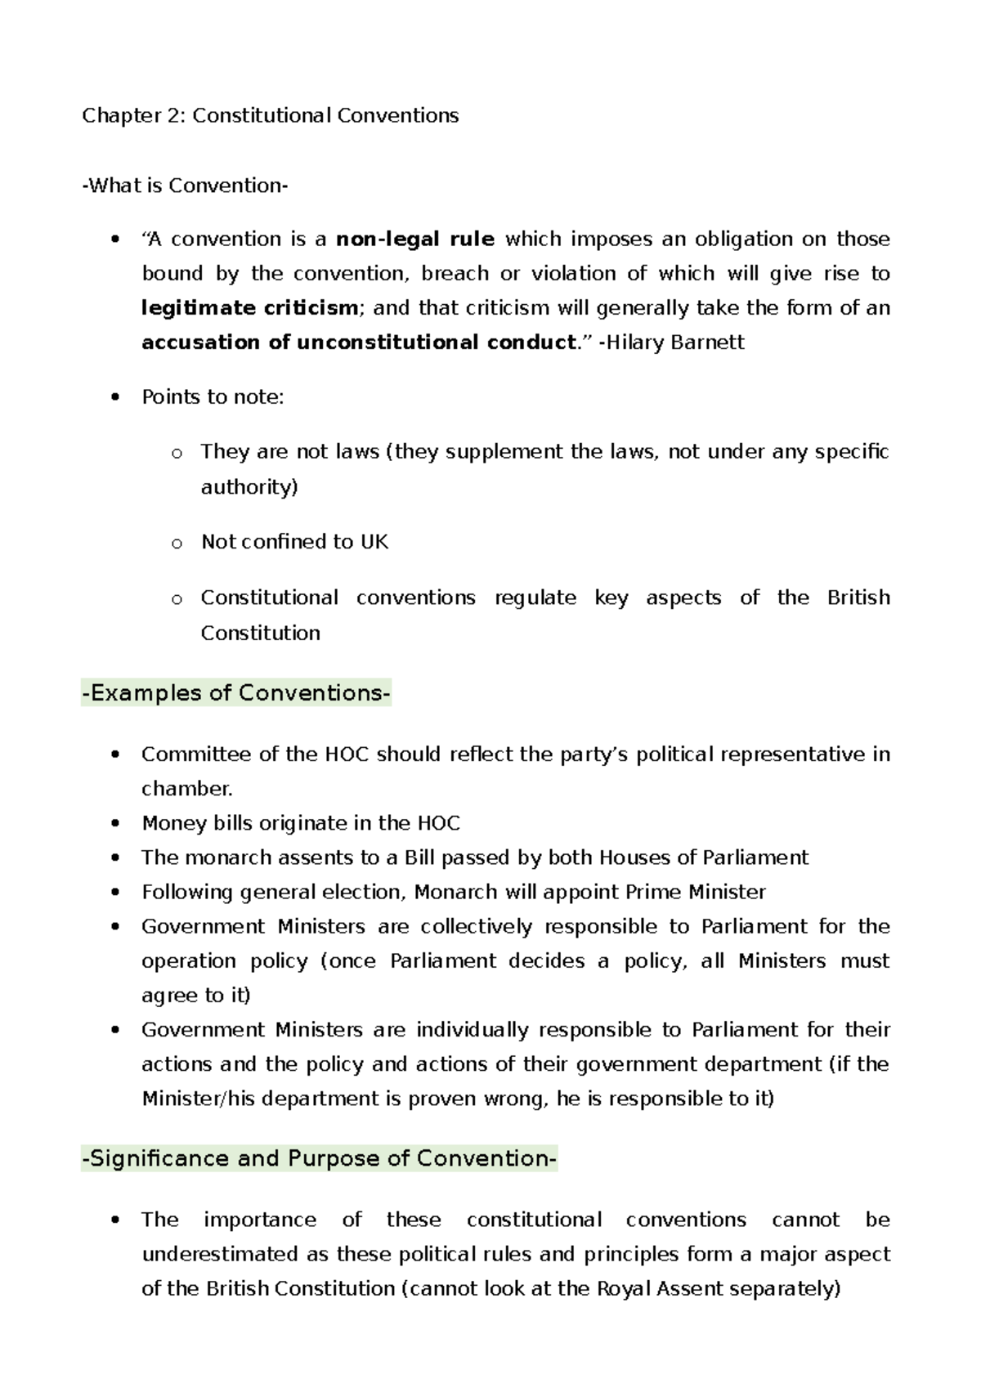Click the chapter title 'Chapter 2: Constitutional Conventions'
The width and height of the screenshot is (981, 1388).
pos(270,115)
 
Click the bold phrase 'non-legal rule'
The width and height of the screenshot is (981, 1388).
pos(415,240)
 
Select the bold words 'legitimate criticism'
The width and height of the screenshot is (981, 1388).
pos(249,308)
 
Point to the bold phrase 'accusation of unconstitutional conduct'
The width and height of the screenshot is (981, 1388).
pos(358,343)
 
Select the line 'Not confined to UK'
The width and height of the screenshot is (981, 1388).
pos(294,542)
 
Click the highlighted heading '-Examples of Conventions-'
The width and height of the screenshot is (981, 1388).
pos(236,693)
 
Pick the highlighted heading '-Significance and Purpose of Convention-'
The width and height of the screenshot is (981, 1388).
pos(319,1158)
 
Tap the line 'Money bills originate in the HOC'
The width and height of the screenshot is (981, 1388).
pos(301,823)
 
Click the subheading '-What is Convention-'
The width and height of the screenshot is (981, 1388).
pos(185,186)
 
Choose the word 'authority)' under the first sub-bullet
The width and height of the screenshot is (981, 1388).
pos(249,487)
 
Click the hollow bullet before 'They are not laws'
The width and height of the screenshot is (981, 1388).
pos(176,453)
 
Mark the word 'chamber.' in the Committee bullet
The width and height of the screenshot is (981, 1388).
pos(187,789)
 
